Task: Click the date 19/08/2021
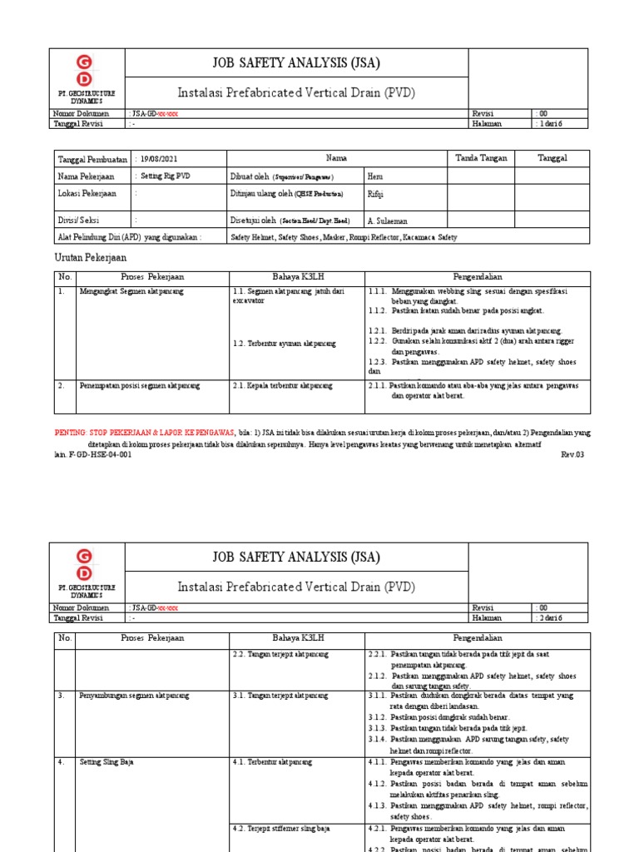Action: [160, 158]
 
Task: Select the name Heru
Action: [376, 176]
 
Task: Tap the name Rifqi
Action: [376, 194]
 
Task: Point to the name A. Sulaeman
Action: [387, 220]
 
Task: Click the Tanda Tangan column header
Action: [480, 157]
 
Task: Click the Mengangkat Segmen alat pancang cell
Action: [131, 291]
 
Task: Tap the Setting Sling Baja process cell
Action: [106, 761]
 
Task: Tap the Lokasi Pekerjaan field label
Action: [87, 194]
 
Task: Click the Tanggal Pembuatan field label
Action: [92, 158]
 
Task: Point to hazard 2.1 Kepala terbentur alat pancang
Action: [283, 385]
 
